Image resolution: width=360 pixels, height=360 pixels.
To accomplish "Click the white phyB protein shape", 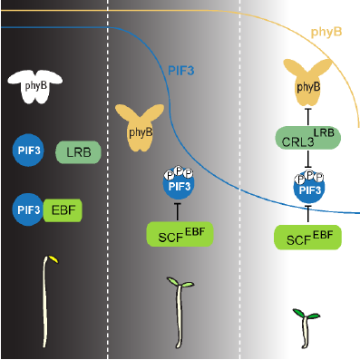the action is [35, 87].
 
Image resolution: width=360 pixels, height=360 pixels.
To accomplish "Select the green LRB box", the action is [79, 152].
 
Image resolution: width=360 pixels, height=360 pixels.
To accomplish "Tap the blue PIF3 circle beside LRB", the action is [28, 151].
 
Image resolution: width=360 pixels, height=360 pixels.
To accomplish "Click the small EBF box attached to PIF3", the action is [63, 210].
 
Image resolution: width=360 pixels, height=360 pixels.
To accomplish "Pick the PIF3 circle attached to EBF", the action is [27, 209].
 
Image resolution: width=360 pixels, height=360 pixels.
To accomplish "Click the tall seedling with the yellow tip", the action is [47, 302].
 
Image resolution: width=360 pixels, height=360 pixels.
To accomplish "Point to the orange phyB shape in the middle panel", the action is [140, 127].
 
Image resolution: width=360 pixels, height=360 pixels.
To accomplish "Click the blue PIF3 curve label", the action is [180, 71].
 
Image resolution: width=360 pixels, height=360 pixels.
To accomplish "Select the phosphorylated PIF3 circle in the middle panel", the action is [179, 183].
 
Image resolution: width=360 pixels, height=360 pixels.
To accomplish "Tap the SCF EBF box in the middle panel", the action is [180, 234].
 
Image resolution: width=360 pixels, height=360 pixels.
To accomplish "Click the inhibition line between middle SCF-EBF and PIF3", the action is [178, 211].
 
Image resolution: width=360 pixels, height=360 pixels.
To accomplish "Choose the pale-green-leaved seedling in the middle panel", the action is [180, 313].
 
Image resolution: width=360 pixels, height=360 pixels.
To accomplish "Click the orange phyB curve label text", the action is [326, 32].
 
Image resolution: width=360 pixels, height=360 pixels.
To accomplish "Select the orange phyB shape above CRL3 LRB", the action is [307, 83].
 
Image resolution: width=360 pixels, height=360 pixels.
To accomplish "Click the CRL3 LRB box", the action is [307, 138].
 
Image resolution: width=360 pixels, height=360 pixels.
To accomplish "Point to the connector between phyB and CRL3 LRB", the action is [308, 117].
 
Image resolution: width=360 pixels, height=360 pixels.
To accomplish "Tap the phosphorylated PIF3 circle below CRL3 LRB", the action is [309, 187].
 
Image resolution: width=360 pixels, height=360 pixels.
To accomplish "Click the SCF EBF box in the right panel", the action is [307, 238].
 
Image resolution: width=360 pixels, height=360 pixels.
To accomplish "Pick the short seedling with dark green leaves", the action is [306, 328].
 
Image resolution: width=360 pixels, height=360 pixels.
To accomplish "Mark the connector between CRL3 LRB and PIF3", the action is [308, 159].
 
